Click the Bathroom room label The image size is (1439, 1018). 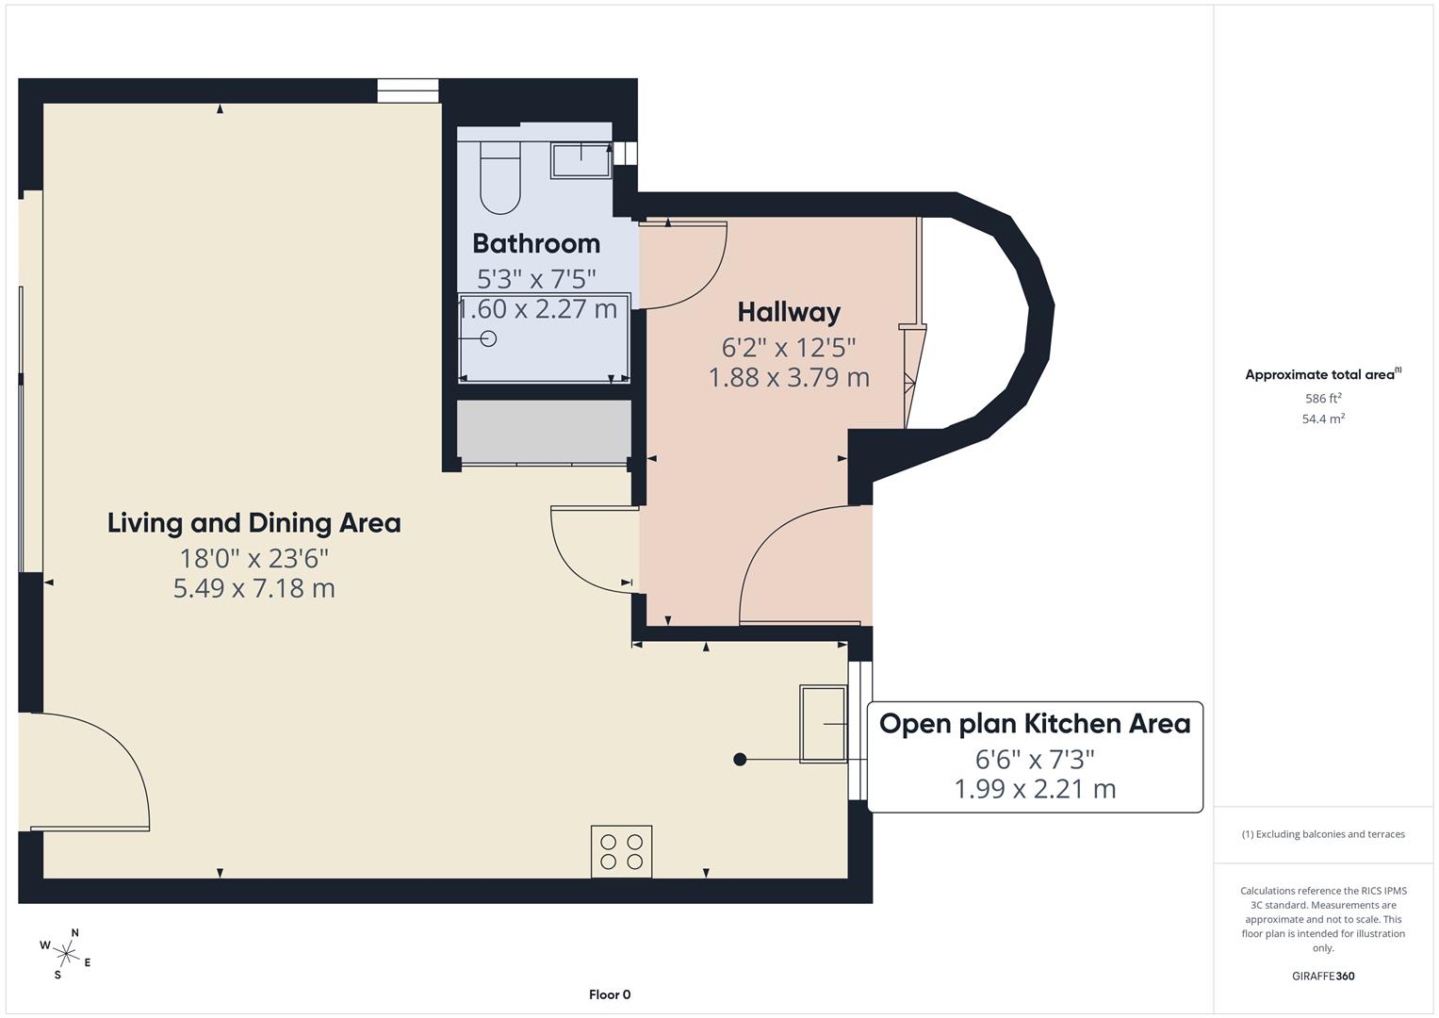point(535,243)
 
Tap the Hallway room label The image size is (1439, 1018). point(789,312)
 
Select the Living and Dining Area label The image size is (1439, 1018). point(253,523)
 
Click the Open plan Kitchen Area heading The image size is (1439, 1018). point(1035,724)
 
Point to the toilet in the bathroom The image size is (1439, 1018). point(499,177)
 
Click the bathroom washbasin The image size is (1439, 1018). point(581,159)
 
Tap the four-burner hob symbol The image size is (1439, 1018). point(621,851)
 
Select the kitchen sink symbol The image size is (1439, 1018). point(823,723)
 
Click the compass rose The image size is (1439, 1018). point(65,953)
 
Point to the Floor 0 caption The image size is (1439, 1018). point(610,994)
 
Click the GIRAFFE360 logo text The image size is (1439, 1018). point(1323,976)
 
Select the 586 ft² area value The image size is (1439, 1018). point(1323,399)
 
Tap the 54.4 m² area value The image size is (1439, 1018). point(1323,419)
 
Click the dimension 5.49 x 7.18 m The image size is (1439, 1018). point(253,588)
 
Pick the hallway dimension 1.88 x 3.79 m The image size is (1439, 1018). point(789,377)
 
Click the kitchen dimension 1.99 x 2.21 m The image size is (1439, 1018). point(1035,789)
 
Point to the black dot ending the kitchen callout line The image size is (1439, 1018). point(740,759)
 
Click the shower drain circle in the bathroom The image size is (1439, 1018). point(488,338)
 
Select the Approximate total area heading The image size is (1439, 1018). point(1322,374)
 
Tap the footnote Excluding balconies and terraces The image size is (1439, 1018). point(1323,834)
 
